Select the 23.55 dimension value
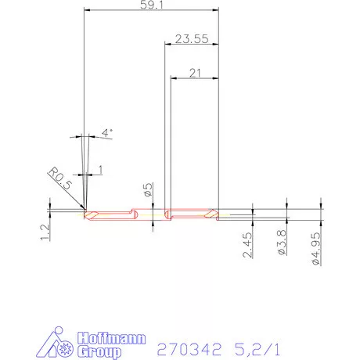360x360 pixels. click(191, 38)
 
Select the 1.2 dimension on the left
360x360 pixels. click(45, 230)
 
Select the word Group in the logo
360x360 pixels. click(100, 352)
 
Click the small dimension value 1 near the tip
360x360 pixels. click(99, 170)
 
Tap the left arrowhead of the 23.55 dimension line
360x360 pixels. click(166, 45)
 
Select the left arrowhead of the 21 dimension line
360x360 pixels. click(172, 79)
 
